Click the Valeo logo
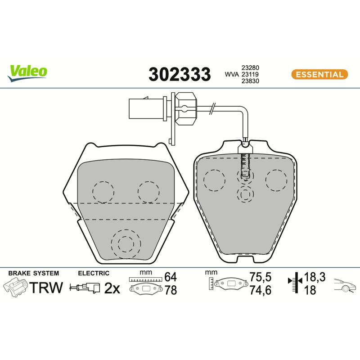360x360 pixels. [27, 73]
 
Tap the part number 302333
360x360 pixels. [180, 74]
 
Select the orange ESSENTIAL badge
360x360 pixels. [319, 74]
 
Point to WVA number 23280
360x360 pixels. [250, 68]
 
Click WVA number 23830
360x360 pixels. [250, 81]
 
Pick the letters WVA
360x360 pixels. [232, 74]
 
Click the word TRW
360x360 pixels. [46, 288]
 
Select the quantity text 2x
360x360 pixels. [112, 288]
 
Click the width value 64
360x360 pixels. [171, 277]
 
